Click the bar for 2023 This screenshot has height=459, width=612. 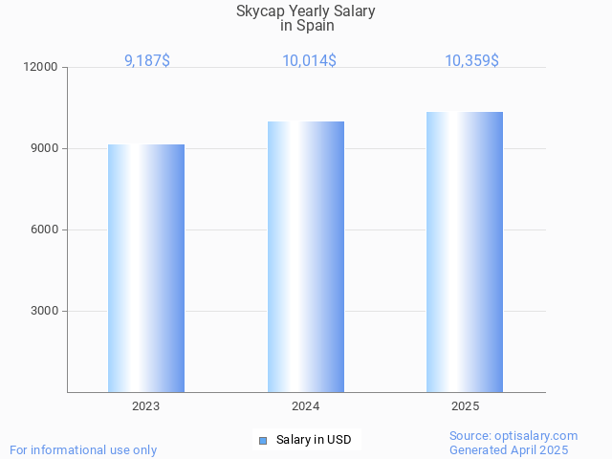[x=146, y=268]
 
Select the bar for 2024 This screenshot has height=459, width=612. [x=306, y=256]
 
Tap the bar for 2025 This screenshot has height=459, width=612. [x=465, y=251]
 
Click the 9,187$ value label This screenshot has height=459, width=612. [x=147, y=61]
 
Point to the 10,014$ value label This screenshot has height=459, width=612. [x=309, y=61]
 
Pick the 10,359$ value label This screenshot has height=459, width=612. [x=471, y=61]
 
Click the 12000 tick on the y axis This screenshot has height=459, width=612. [x=42, y=68]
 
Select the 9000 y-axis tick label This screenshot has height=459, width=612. [x=45, y=149]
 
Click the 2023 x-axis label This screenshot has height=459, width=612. [x=146, y=406]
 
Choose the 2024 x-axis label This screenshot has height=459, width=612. [x=306, y=406]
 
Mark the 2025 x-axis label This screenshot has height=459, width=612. [x=465, y=406]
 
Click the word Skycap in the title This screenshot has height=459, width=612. [x=259, y=11]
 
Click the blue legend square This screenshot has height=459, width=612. [x=263, y=440]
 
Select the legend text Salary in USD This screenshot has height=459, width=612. [x=314, y=440]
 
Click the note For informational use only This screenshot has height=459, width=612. [x=83, y=449]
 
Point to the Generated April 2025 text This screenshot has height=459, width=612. [x=509, y=450]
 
